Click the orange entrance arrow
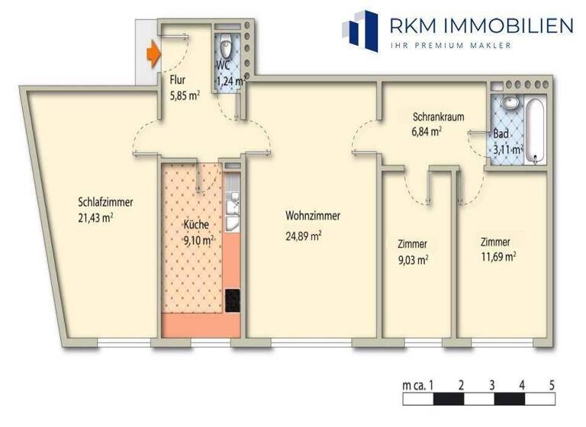tap(153, 53)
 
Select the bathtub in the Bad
tap(536, 130)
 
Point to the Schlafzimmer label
tap(106, 203)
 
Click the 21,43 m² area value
tap(96, 218)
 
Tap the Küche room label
tap(196, 226)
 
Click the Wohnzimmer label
tap(313, 216)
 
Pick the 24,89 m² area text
tap(303, 236)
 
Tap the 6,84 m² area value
tap(427, 131)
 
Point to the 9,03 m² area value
tap(412, 259)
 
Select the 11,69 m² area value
tap(498, 257)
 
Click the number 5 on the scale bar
tap(551, 384)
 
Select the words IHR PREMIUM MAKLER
tap(451, 46)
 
